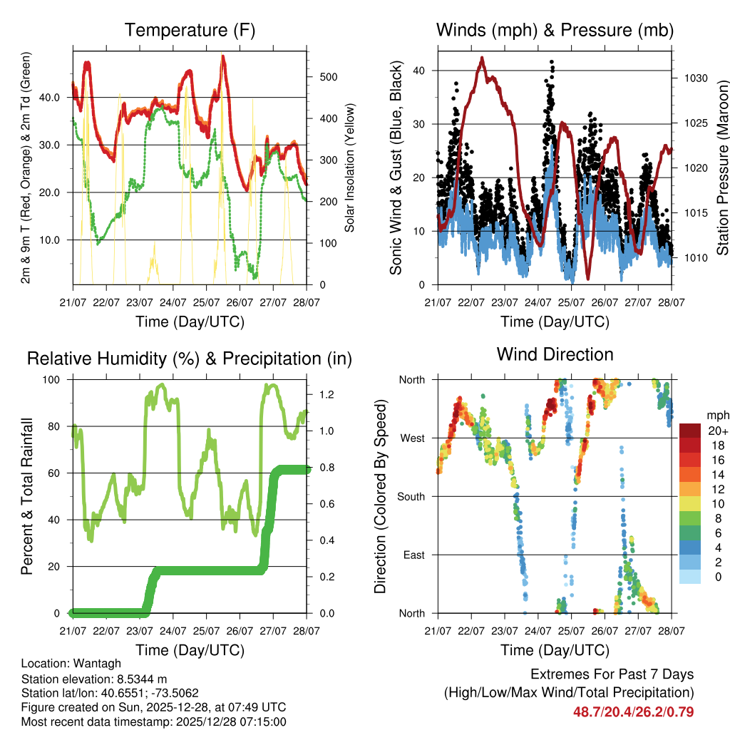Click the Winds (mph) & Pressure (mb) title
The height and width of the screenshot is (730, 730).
(x=555, y=31)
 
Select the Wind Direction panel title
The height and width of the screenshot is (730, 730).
(x=555, y=354)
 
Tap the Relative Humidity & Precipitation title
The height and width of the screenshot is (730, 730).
(x=189, y=359)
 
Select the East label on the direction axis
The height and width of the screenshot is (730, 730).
(x=413, y=555)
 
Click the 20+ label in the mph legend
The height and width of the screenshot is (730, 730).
(x=717, y=431)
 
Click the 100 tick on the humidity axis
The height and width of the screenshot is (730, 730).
(x=53, y=379)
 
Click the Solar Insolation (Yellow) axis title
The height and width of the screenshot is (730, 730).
(x=349, y=168)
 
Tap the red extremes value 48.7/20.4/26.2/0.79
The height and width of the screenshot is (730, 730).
(x=633, y=711)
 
